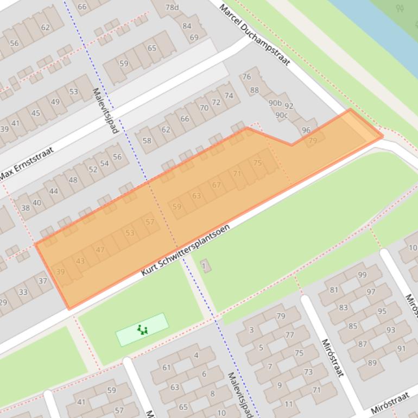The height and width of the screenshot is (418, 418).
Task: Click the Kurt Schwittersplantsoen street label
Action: coord(185,250)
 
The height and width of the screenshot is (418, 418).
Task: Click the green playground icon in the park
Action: coord(142,330)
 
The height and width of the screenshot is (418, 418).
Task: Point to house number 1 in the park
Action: coord(204,266)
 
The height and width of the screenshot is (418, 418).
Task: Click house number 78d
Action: coord(172,7)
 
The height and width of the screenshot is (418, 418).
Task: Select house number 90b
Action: coord(275,103)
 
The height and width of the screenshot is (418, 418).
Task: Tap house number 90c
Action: coord(281,115)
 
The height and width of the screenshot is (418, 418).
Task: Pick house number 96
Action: coord(306,130)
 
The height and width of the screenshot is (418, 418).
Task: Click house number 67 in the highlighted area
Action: coord(217,185)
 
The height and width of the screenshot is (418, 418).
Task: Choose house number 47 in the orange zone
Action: coord(100,250)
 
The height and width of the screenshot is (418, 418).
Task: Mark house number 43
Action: coord(80,261)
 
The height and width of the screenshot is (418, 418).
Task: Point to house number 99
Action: coord(362,275)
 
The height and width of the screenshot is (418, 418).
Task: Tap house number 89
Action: coord(372,363)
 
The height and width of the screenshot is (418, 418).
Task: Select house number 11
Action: coord(289,404)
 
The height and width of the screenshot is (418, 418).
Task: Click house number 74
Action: coord(229,96)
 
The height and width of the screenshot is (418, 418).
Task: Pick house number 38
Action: coord(26,208)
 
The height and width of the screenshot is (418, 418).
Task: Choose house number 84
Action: coord(187,26)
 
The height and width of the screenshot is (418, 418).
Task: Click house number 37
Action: coord(42,281)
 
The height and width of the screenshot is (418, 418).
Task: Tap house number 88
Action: coord(254,90)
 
